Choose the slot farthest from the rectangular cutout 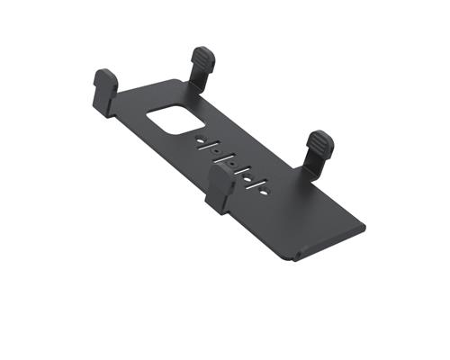[256, 184]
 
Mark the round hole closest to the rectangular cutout [201, 141]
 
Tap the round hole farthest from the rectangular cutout [263, 193]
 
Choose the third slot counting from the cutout [242, 171]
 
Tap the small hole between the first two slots [216, 150]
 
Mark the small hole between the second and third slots [233, 164]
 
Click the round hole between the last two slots [247, 179]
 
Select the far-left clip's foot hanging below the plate [102, 108]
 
